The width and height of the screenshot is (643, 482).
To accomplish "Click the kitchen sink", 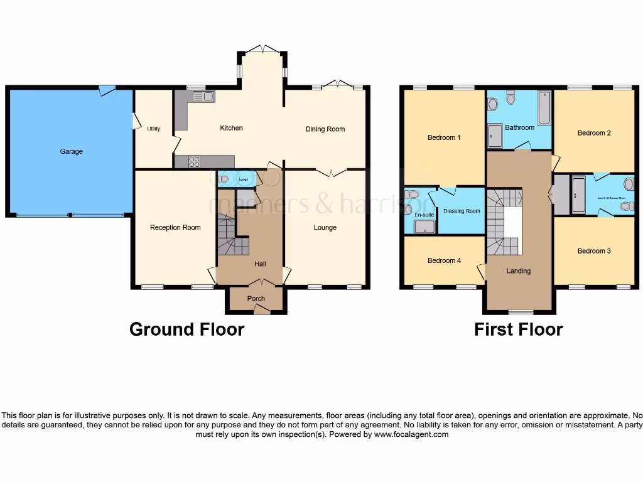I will (203, 97).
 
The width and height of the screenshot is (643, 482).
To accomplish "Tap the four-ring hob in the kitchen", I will (194, 162).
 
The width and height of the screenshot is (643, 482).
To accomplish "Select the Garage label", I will (71, 151).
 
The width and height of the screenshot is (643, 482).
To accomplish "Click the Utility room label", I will (154, 129).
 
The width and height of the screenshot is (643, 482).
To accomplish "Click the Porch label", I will (256, 299).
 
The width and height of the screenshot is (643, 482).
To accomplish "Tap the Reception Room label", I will (175, 227).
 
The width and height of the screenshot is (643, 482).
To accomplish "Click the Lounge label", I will (325, 227).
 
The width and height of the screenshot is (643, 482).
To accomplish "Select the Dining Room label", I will (325, 129).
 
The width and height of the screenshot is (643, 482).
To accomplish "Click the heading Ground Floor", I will (186, 329).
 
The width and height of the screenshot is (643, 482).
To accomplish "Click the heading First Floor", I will (518, 329).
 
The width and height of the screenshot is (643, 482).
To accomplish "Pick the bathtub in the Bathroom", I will (544, 108).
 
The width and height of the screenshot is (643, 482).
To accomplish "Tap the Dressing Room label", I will (462, 212).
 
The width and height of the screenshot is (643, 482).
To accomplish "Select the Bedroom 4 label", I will (445, 260).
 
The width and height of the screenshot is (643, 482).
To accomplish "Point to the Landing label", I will (519, 271).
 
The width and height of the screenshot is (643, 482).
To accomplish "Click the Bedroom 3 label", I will (594, 251).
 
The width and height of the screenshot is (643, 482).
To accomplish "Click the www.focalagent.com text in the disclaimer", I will (411, 434).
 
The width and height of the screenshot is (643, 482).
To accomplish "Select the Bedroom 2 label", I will (594, 133).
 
